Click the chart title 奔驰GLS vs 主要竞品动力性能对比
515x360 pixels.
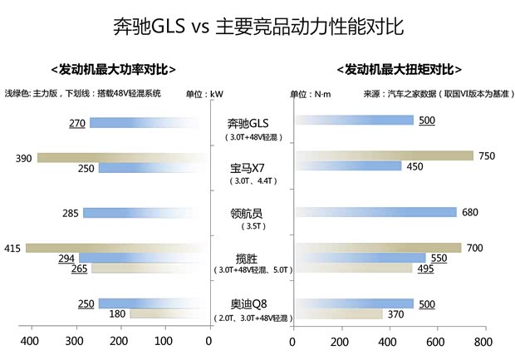[257, 27]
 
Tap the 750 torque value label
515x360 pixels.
[487, 156]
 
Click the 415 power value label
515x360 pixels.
[12, 248]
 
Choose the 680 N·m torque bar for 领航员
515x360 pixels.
[375, 212]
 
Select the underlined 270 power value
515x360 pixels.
[77, 123]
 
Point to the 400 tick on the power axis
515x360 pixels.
[30, 341]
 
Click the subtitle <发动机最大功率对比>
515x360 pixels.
[114, 70]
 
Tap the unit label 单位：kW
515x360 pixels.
[204, 94]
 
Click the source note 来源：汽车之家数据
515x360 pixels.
[394, 94]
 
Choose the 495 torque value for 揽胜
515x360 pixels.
[426, 269]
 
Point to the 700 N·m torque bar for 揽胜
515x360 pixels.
[377, 248]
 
